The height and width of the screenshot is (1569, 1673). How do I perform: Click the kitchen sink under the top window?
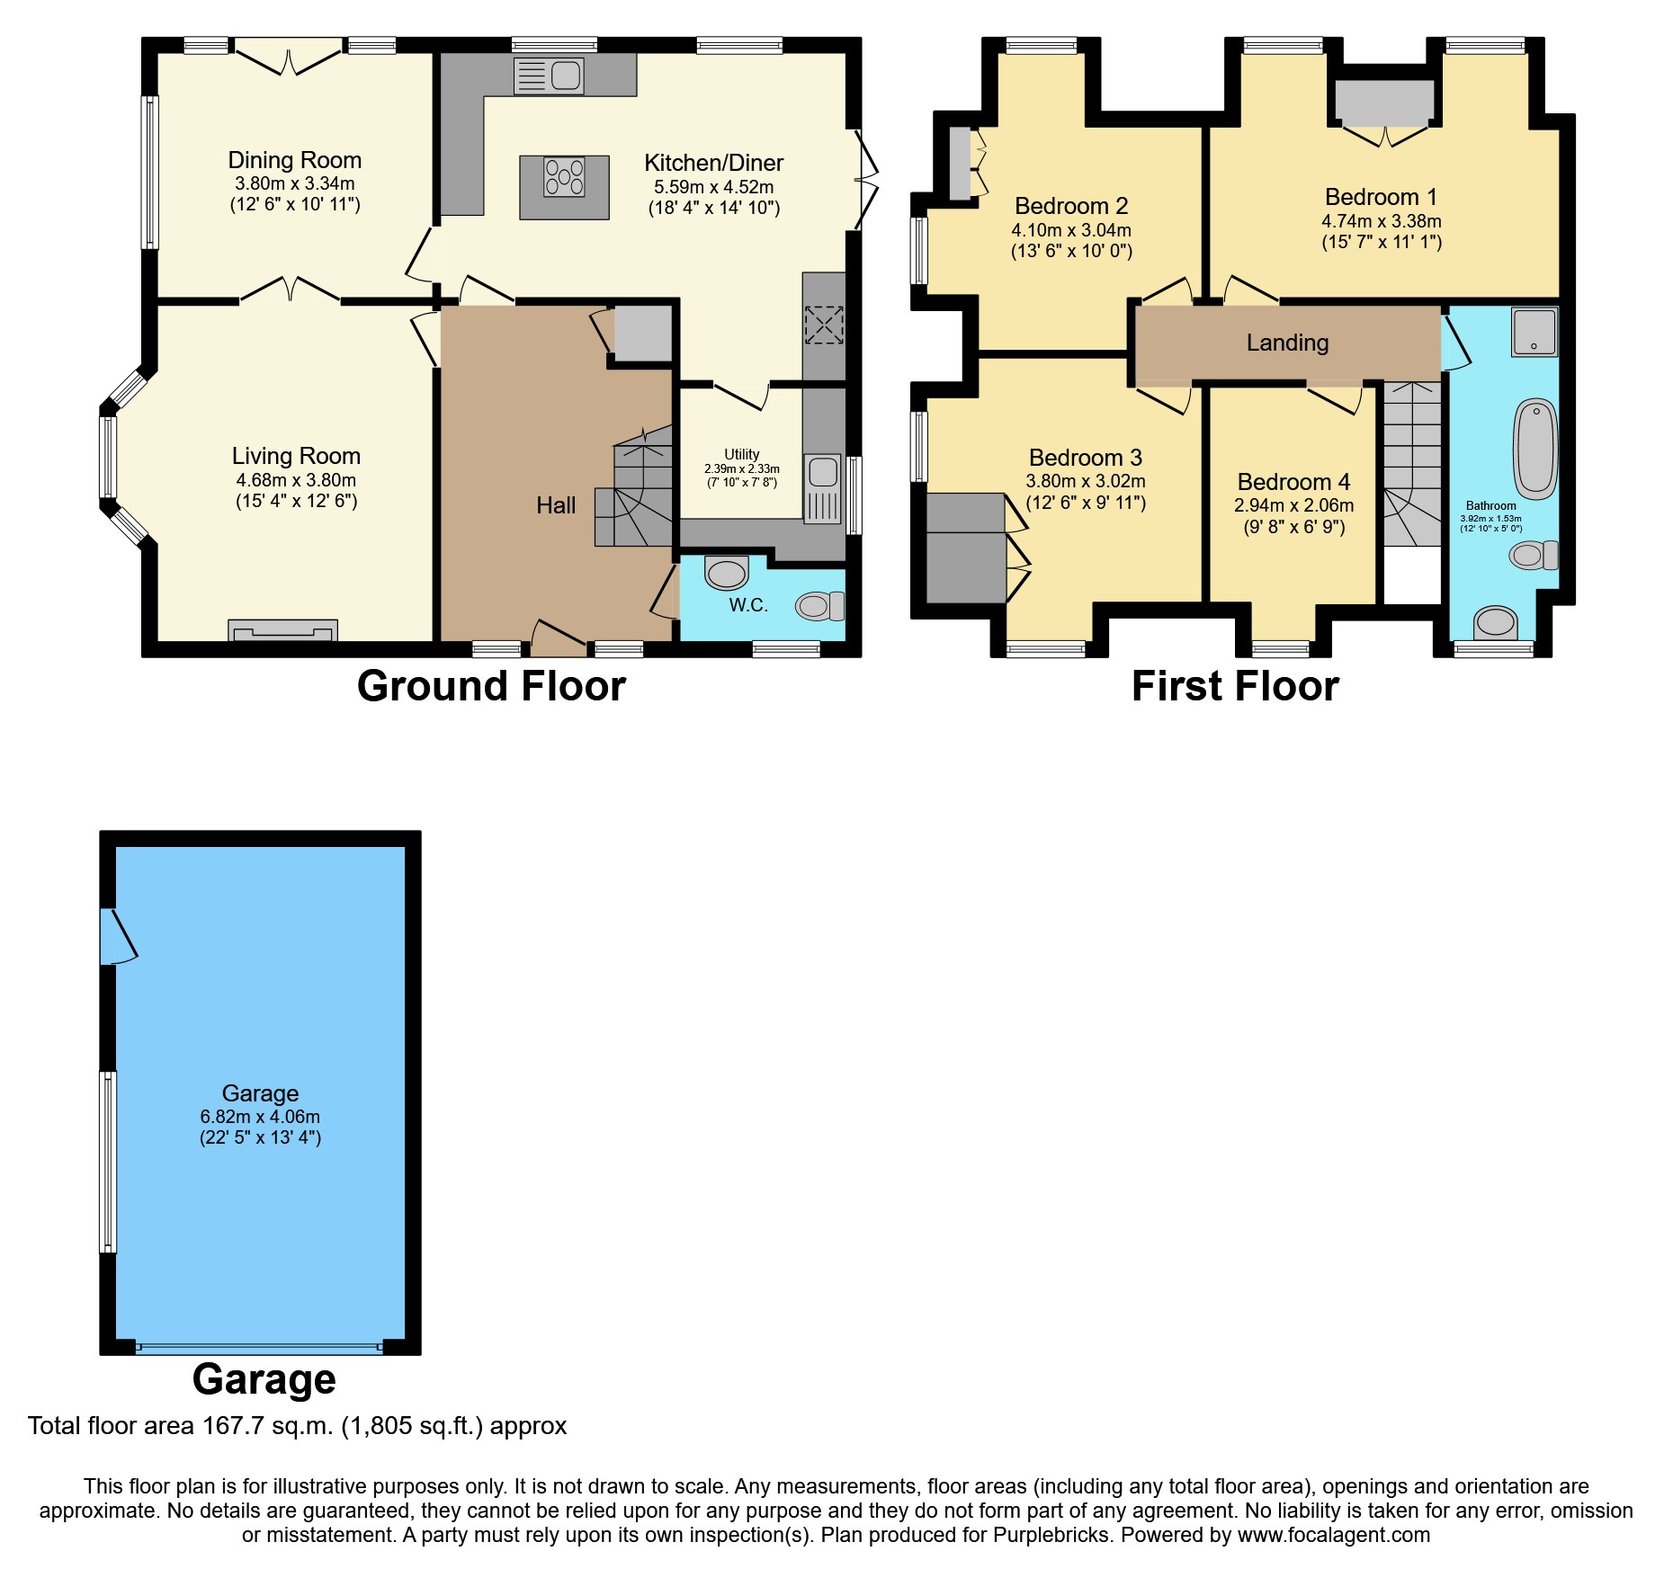(x=549, y=76)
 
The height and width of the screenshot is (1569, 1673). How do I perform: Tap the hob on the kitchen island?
(x=564, y=177)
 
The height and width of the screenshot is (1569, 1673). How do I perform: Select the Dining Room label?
(x=295, y=160)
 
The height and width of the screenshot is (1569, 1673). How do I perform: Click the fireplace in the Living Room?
(x=282, y=630)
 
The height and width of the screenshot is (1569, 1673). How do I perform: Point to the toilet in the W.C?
(x=819, y=606)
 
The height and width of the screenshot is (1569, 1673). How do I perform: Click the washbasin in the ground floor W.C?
(x=727, y=572)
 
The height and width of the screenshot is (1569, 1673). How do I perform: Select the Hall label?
(x=556, y=505)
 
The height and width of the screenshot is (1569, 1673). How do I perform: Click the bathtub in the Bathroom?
(x=1536, y=449)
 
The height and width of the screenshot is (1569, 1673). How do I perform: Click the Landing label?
(x=1287, y=343)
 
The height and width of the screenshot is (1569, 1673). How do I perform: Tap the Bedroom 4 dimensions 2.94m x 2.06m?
(x=1293, y=505)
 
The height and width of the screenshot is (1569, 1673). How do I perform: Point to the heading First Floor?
(x=1235, y=686)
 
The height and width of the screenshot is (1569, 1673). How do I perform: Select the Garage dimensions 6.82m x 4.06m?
(x=260, y=1117)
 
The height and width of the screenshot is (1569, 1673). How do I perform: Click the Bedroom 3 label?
(x=1086, y=458)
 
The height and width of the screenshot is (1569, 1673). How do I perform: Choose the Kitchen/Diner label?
(x=713, y=163)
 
